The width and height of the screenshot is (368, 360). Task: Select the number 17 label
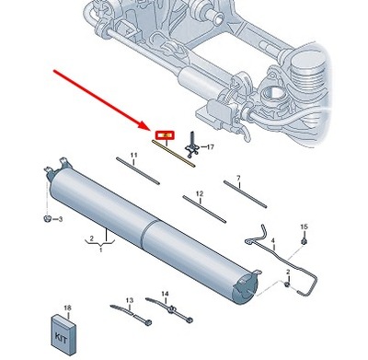click(x=210, y=146)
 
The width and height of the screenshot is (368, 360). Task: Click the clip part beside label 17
click(x=192, y=143)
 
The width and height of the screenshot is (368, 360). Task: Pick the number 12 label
click(x=198, y=194)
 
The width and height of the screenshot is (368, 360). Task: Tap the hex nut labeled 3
click(x=46, y=219)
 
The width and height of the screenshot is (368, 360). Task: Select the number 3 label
click(x=59, y=220)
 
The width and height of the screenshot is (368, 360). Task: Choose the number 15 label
click(x=304, y=226)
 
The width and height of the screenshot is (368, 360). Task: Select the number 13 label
click(x=130, y=299)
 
